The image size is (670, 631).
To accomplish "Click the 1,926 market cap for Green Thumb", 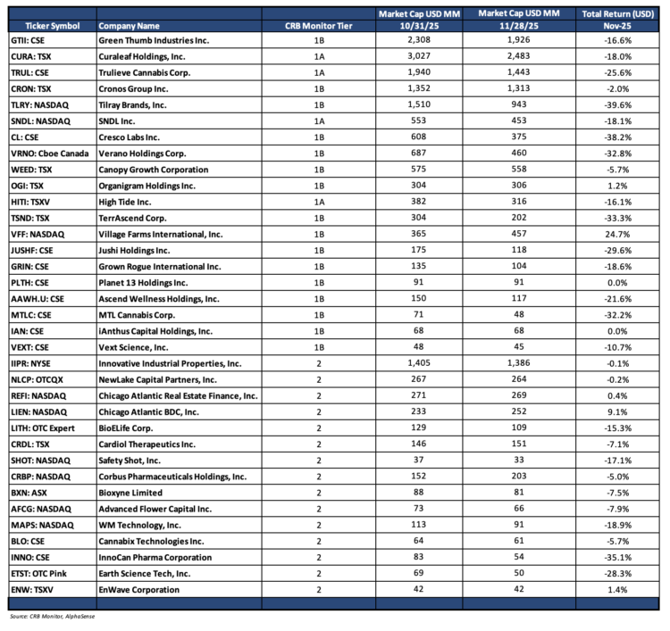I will (x=519, y=41).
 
